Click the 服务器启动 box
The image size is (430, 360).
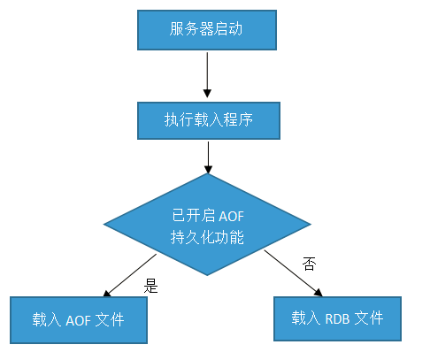pos(206,31)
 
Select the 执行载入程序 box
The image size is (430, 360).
pos(208,119)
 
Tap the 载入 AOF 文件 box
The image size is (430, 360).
pos(79,319)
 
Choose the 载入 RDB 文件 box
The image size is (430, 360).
pos(337,316)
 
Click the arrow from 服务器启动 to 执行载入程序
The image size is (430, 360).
pos(206,75)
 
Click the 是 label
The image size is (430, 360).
pos(150,286)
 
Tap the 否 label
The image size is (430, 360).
pos(308,264)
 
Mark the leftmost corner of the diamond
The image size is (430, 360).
pos(104,226)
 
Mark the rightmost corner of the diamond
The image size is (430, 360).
pos(311,226)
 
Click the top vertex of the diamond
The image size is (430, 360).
pos(208,174)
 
